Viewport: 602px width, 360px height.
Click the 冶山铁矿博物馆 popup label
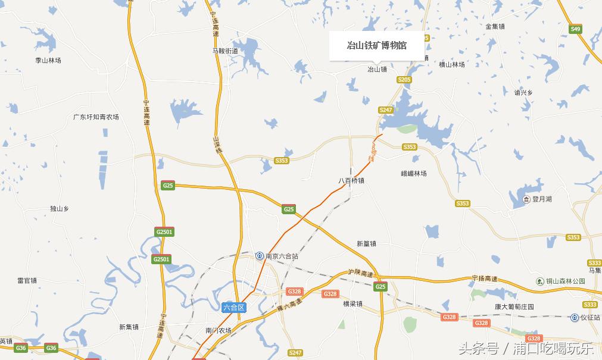(377, 45)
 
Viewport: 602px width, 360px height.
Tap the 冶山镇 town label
(377, 70)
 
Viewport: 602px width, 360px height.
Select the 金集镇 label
(495, 26)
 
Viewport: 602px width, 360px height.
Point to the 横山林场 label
(451, 65)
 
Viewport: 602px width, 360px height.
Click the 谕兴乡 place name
(523, 93)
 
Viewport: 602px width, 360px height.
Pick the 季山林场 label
(48, 61)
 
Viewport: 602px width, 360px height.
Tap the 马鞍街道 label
(225, 51)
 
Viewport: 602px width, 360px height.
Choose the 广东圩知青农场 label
(96, 117)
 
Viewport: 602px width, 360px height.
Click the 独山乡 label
(60, 209)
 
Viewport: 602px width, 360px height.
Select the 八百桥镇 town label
(351, 181)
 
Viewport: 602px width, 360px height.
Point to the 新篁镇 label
(366, 243)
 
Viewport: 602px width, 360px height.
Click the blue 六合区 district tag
(234, 308)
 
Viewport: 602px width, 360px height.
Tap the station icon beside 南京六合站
(260, 256)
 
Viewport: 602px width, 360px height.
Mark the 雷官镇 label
(27, 280)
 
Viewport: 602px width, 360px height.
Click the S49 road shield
(575, 29)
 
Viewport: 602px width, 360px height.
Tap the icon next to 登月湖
(526, 199)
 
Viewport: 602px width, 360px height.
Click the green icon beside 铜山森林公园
(540, 281)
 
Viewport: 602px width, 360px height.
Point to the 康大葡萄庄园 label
(514, 307)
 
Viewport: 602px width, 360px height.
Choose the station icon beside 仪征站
(574, 318)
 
